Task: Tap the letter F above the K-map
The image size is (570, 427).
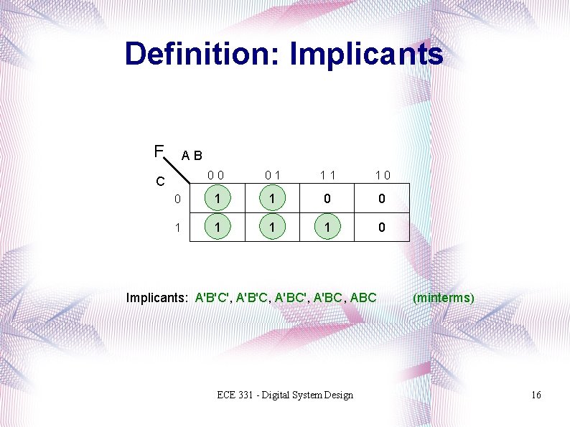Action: click(x=159, y=151)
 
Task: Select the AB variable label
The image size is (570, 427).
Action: click(x=192, y=155)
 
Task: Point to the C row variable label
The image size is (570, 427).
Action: click(x=162, y=182)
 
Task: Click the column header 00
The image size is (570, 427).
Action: click(x=215, y=175)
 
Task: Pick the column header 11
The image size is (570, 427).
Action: click(x=327, y=175)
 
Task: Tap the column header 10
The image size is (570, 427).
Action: click(x=382, y=175)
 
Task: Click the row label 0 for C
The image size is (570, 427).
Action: click(x=177, y=199)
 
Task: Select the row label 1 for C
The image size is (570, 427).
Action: click(x=177, y=227)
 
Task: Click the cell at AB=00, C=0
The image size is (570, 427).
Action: click(x=218, y=199)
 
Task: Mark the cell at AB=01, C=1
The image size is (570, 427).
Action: click(x=273, y=227)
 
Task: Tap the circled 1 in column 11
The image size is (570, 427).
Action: click(x=327, y=227)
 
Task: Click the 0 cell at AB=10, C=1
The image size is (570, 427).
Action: click(x=382, y=227)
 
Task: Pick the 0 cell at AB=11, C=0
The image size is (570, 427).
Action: click(x=327, y=199)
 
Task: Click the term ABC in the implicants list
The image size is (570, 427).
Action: click(x=363, y=297)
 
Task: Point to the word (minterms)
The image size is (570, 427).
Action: click(x=444, y=297)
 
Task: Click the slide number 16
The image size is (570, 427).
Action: click(x=536, y=395)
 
